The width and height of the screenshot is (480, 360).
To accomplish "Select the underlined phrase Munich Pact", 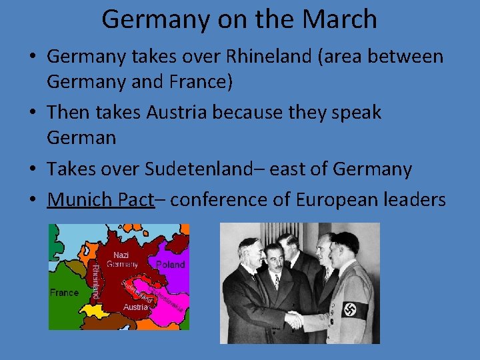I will (x=101, y=199).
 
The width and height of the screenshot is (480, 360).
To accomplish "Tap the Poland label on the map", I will (x=171, y=265).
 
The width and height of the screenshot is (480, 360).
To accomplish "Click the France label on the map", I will (x=65, y=293).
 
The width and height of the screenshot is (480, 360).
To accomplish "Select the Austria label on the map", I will (x=136, y=307).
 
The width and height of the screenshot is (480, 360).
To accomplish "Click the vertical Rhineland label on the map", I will (x=96, y=280).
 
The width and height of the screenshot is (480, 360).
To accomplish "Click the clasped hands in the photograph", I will (x=293, y=319).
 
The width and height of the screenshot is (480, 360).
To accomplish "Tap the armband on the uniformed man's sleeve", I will (x=354, y=309).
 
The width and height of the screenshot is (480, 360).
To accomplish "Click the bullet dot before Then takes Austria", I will (x=32, y=113).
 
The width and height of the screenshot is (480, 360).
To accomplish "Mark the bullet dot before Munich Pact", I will (x=32, y=200).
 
